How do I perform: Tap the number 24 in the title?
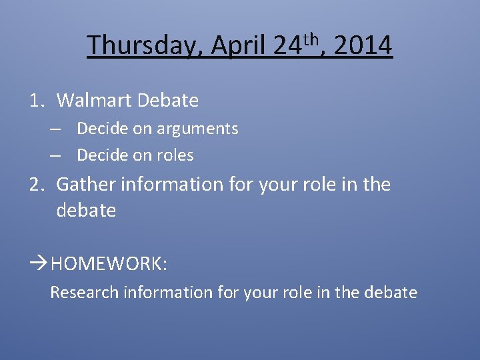coord(287,46)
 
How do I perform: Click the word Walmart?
coord(94,101)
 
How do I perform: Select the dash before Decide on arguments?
coord(55,129)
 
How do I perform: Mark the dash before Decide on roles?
coord(55,155)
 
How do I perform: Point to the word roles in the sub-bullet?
coord(175,155)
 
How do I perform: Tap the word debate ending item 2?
coord(86,211)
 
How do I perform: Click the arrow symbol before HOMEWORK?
coord(39,263)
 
